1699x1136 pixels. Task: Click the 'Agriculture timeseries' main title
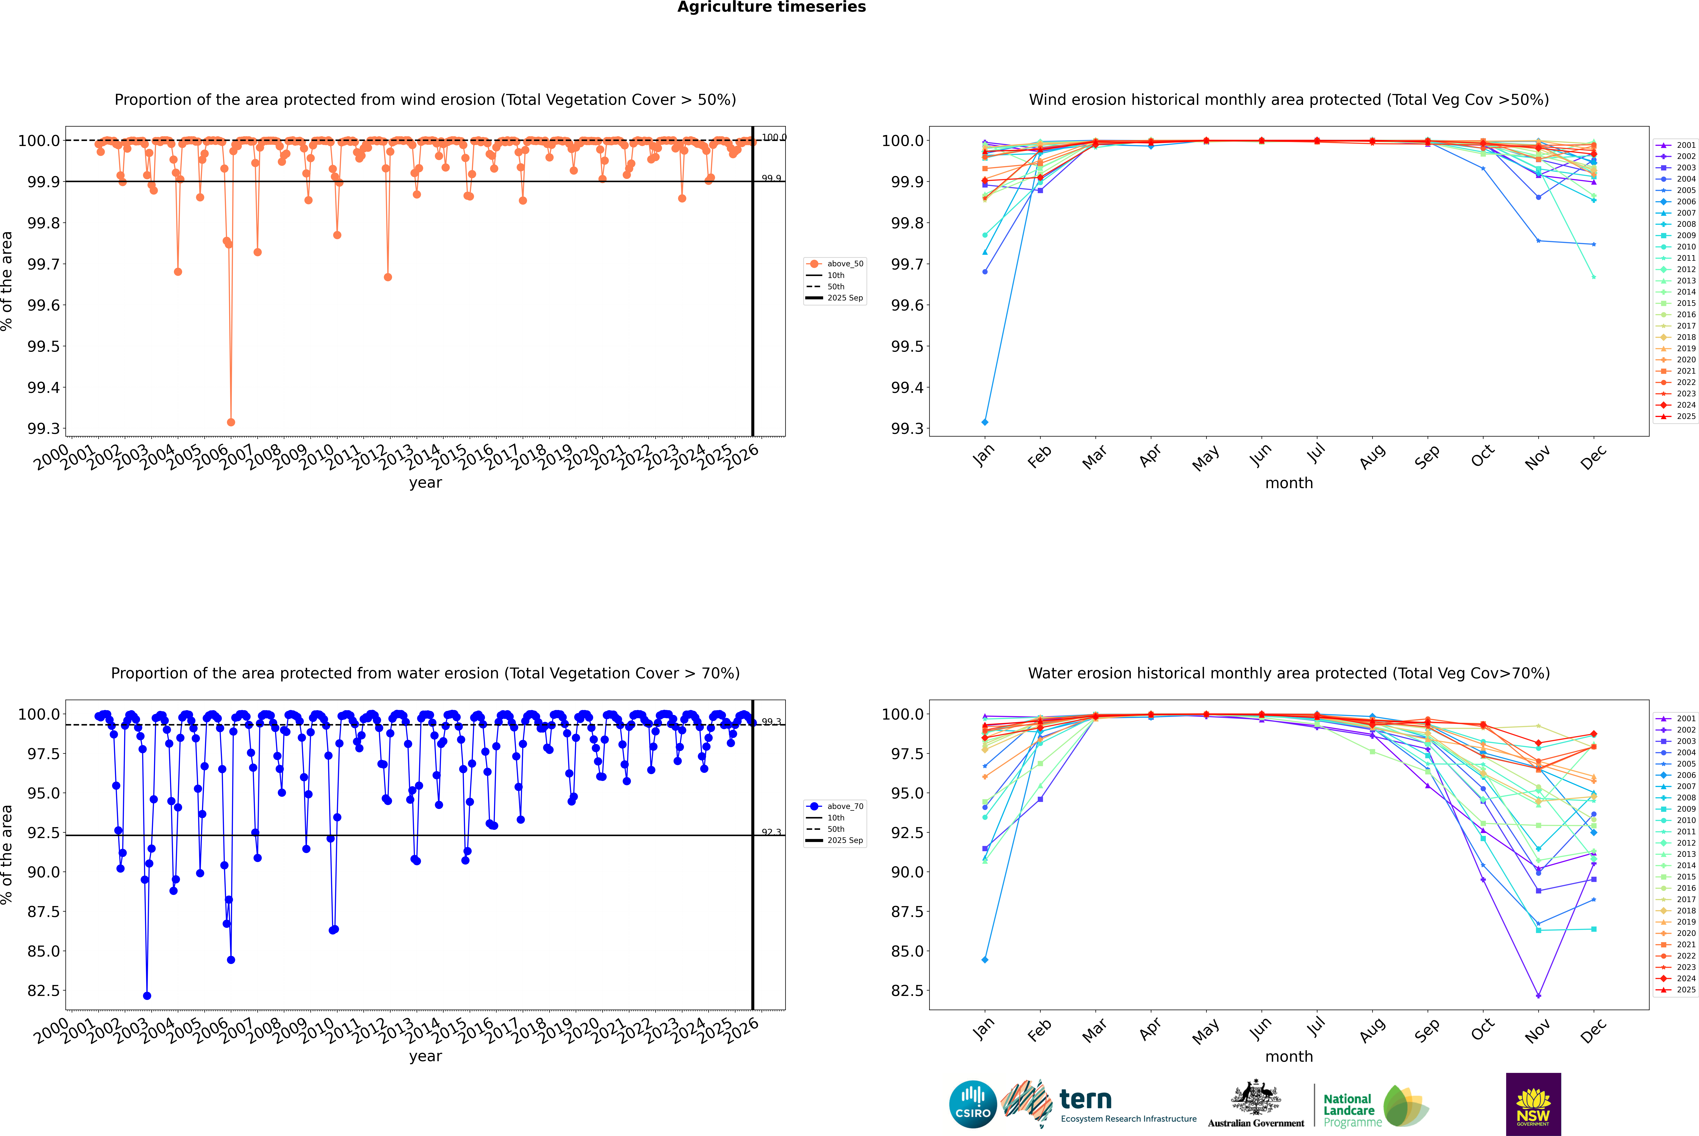pos(771,7)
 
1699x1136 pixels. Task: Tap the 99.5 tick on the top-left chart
pos(43,346)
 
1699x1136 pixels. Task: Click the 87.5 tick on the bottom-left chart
pos(43,911)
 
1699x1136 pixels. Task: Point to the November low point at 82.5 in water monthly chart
pos(1538,995)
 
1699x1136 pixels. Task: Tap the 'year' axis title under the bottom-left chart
pos(425,1056)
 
